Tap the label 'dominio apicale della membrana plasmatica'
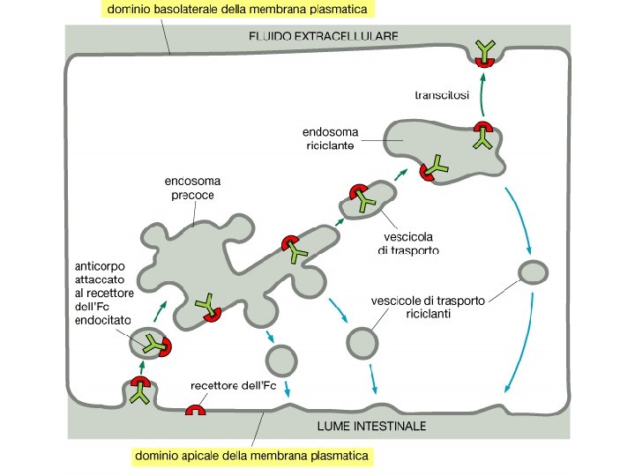click(x=250, y=457)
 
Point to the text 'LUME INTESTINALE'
click(x=370, y=426)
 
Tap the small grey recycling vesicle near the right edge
click(x=532, y=272)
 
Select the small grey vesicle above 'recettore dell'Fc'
click(x=280, y=359)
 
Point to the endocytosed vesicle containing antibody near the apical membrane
click(x=150, y=344)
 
